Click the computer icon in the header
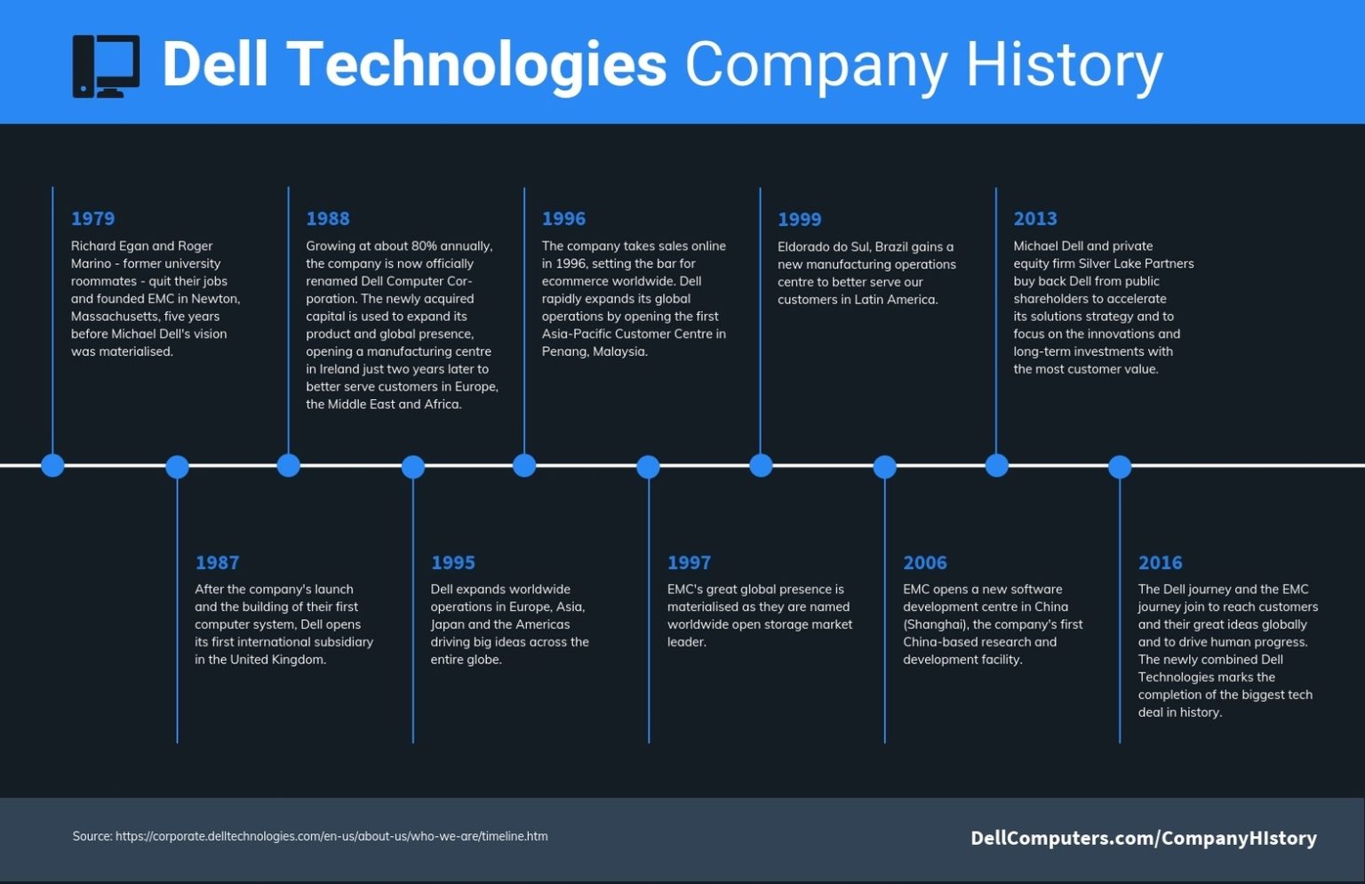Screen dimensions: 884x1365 coord(106,66)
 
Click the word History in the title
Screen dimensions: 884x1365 coord(1064,65)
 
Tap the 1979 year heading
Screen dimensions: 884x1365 coord(92,219)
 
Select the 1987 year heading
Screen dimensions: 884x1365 coord(217,563)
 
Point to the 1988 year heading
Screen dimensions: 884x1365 coord(328,219)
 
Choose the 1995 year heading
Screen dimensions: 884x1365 coord(452,563)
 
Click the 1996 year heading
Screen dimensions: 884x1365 coord(563,219)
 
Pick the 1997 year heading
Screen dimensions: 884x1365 coord(689,563)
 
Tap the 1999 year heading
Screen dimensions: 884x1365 coord(799,220)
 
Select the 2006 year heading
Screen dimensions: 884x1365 coord(924,563)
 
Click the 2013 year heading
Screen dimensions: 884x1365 coord(1035,219)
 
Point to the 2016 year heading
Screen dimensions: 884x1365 coord(1160,563)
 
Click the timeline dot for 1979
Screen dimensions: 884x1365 coord(52,465)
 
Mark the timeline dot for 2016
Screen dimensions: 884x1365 coord(1120,466)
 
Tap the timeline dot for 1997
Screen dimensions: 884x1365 coord(648,466)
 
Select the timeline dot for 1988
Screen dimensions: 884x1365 coord(288,465)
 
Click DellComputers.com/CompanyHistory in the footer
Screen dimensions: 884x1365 coord(1143,838)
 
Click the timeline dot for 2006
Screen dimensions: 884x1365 coord(884,466)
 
